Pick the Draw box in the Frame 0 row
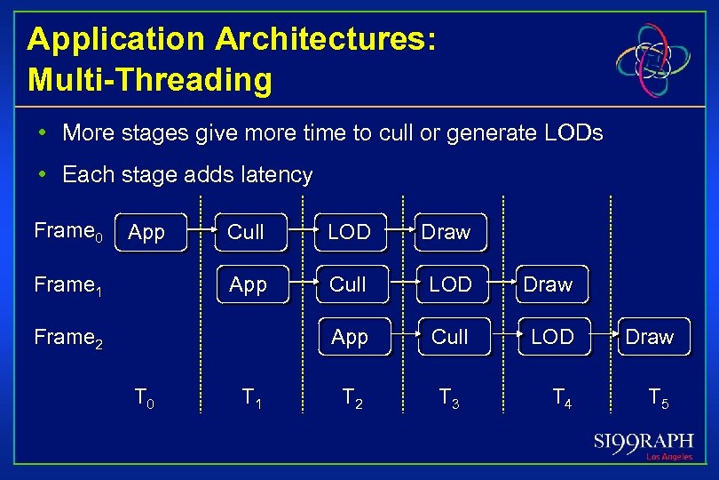point(453,233)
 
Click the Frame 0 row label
point(68,233)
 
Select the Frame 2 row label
point(68,339)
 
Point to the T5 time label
point(658,397)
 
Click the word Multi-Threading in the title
point(149,80)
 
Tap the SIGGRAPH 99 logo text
point(644,442)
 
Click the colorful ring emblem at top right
point(652,60)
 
